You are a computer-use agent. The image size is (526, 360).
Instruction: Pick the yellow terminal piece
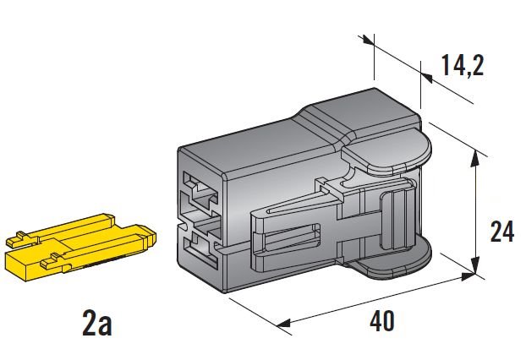76,246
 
